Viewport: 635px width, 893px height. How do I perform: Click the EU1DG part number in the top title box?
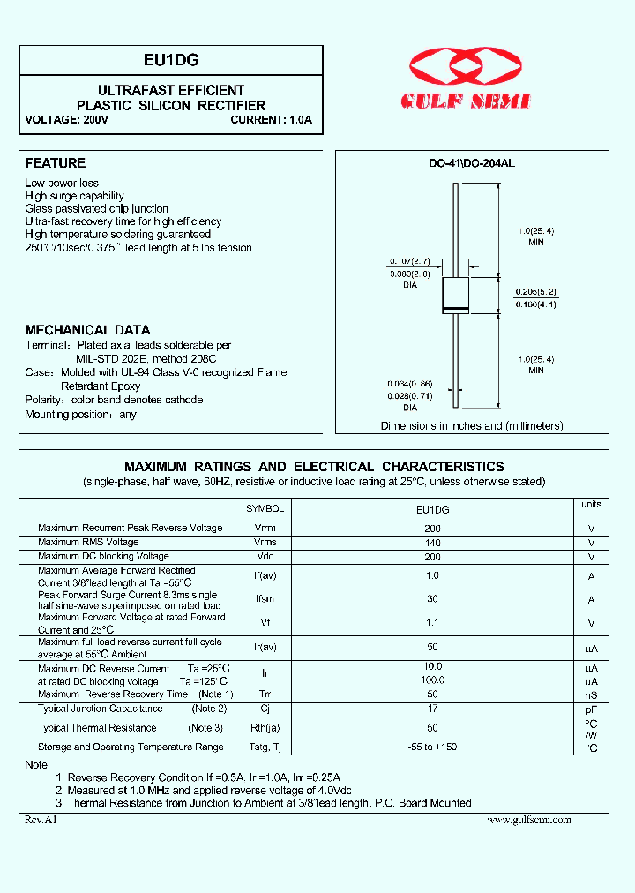click(x=171, y=60)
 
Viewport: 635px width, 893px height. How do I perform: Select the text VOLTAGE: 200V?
click(x=67, y=119)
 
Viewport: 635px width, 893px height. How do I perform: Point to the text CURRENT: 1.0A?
click(x=272, y=119)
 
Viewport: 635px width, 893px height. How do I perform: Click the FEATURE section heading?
click(x=55, y=163)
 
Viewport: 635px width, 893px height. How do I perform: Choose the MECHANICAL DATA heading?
click(x=87, y=330)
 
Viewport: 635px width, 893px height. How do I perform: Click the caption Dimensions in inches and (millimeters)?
click(x=471, y=425)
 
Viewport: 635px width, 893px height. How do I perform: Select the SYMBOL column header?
click(x=265, y=509)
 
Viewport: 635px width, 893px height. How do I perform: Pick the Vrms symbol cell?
click(x=265, y=542)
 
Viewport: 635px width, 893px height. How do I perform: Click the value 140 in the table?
click(x=432, y=543)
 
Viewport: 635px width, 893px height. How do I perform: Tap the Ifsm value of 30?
click(x=432, y=599)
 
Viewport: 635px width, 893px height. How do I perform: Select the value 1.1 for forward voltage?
click(x=432, y=622)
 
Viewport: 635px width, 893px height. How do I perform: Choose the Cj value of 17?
click(x=432, y=708)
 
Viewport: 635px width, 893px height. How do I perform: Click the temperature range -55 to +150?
click(x=432, y=747)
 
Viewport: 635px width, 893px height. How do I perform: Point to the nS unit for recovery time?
click(x=591, y=694)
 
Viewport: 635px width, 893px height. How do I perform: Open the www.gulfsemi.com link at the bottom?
click(x=529, y=820)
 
